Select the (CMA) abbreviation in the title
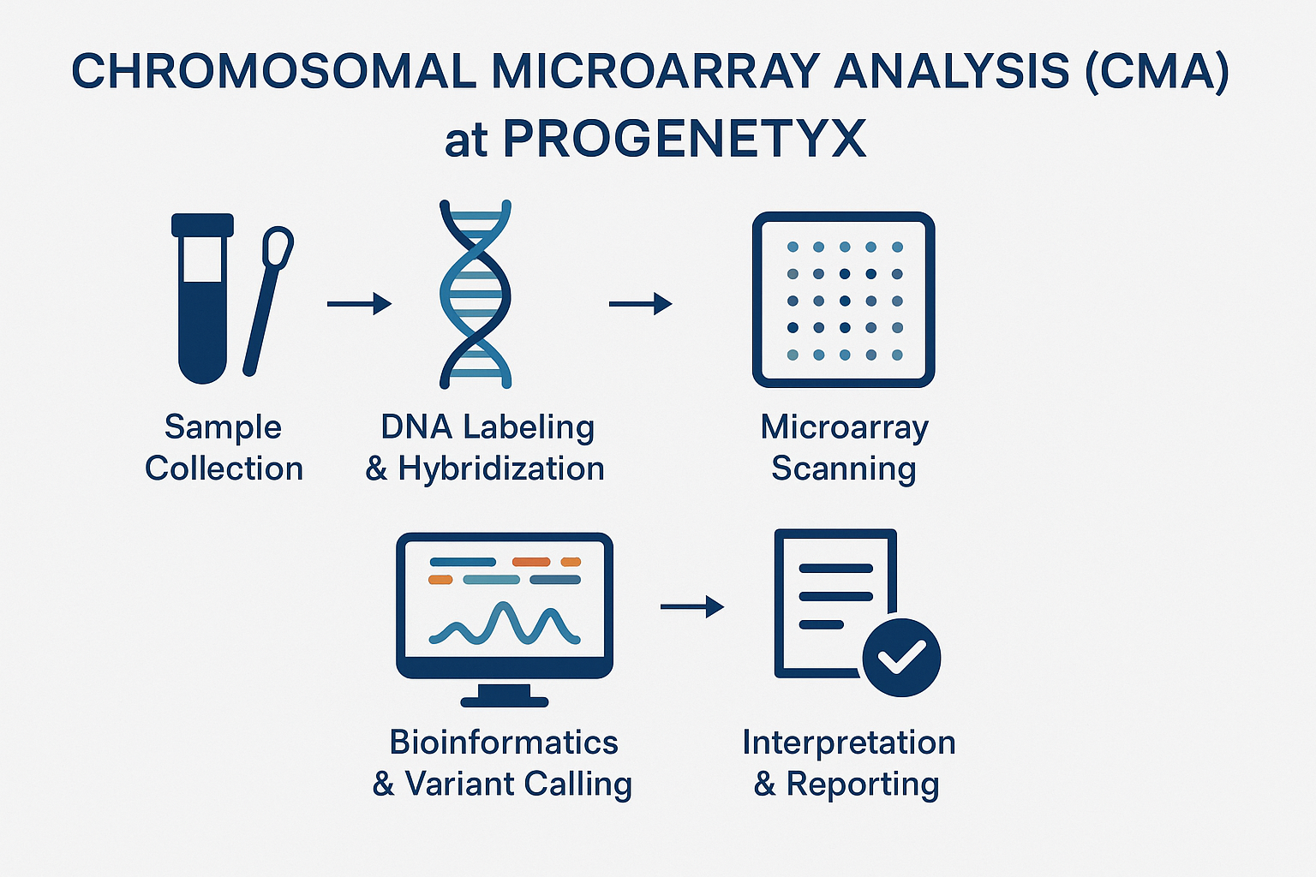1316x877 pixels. [1156, 71]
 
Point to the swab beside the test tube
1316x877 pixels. [267, 300]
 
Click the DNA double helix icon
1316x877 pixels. [475, 294]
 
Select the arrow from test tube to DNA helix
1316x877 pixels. [359, 303]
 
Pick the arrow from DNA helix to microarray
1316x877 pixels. [640, 303]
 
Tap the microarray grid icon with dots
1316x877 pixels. [843, 300]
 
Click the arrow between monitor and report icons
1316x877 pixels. [691, 606]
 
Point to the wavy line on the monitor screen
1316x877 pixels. [505, 624]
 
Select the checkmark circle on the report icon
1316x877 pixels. [901, 658]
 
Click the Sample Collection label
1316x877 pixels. [224, 447]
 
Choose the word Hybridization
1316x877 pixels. [501, 468]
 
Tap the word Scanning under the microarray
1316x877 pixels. [843, 468]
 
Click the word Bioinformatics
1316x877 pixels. [504, 742]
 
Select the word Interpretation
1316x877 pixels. [848, 742]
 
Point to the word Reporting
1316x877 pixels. [862, 784]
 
